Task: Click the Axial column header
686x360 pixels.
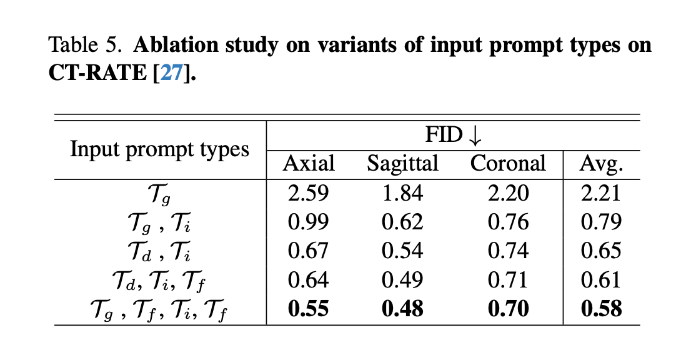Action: (x=309, y=164)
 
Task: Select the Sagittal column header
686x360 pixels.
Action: (x=402, y=164)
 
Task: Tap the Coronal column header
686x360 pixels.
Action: (x=507, y=164)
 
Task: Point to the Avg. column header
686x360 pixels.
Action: (x=601, y=164)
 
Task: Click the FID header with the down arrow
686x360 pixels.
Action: (x=454, y=135)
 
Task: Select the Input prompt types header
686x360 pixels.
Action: (x=159, y=149)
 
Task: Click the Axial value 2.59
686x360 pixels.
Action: (x=309, y=193)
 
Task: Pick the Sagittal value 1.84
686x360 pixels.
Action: (x=402, y=193)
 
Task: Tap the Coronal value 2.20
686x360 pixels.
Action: (x=507, y=193)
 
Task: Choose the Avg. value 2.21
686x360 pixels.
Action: (x=601, y=193)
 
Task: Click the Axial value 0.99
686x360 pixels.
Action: (x=309, y=222)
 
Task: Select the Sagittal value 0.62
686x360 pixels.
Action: (x=402, y=222)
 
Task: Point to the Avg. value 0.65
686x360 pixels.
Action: (x=601, y=251)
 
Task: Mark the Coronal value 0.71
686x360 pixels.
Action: (x=507, y=279)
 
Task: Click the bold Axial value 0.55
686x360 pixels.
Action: (x=309, y=309)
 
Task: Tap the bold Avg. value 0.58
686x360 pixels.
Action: (x=601, y=309)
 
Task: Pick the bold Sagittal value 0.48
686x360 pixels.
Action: (x=402, y=309)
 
